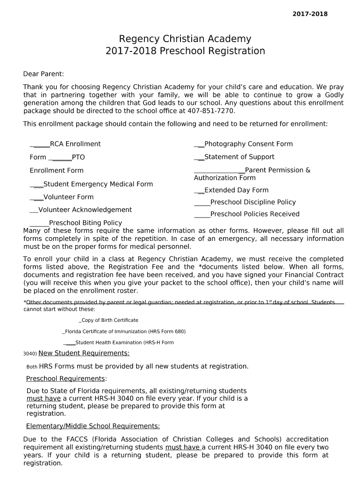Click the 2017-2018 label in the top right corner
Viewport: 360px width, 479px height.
point(310,14)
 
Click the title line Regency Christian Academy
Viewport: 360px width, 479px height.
point(185,39)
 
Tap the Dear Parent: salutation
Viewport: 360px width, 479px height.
point(43,74)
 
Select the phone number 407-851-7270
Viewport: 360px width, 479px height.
point(211,111)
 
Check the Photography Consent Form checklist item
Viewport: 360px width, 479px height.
point(248,144)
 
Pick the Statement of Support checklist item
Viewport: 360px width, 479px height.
point(239,157)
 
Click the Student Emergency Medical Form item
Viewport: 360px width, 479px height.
point(98,184)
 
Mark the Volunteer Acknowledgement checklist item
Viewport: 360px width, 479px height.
point(85,210)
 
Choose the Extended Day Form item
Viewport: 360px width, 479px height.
point(236,190)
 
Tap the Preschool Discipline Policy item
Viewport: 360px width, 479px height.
point(252,202)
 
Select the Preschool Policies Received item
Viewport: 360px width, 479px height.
point(254,214)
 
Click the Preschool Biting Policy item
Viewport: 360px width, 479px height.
point(85,223)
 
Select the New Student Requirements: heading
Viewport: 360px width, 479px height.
point(84,353)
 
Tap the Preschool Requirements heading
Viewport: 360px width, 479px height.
point(66,378)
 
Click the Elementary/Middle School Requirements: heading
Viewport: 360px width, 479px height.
point(93,426)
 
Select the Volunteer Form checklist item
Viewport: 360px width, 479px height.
point(68,197)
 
